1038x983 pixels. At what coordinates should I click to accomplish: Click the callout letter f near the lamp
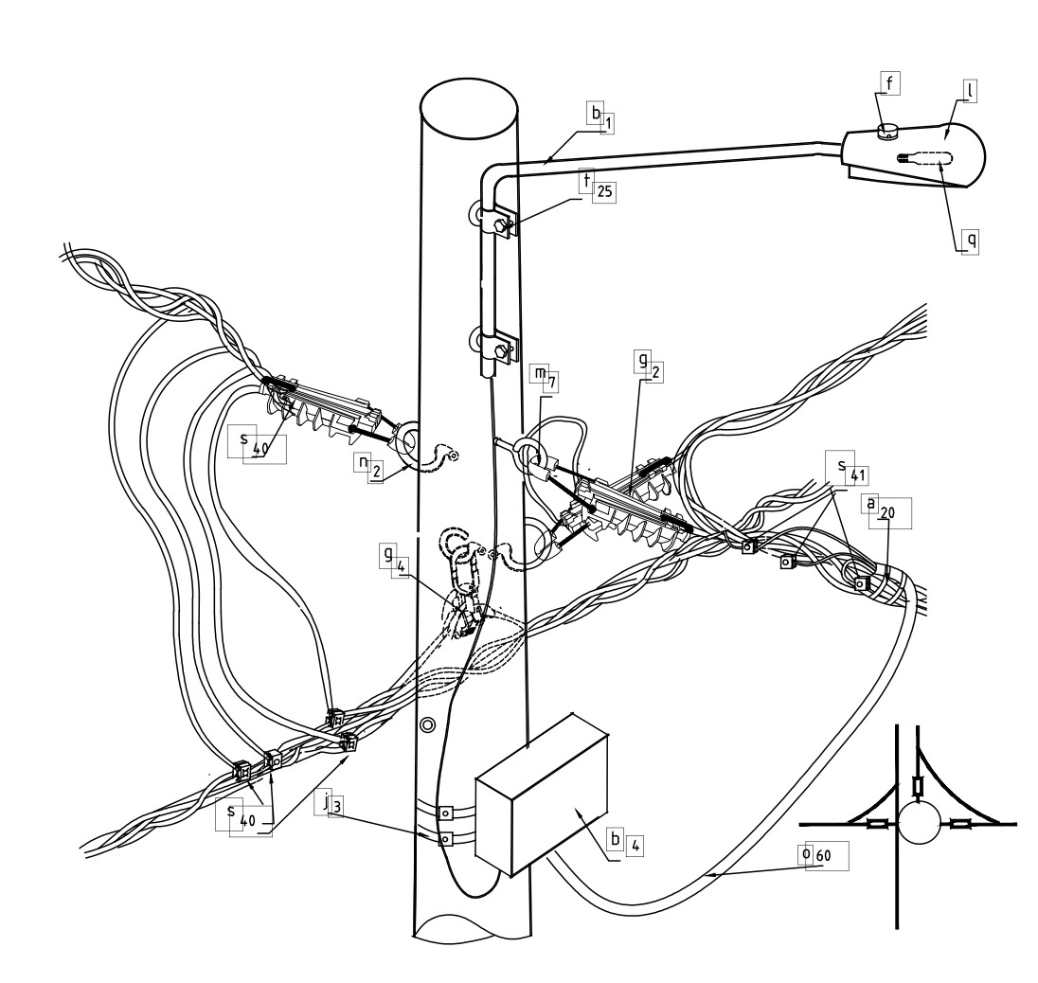(889, 83)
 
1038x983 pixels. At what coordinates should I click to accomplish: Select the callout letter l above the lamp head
(969, 90)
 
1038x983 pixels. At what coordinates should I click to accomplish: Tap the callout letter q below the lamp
(971, 240)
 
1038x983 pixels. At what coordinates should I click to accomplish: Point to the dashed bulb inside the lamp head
(924, 158)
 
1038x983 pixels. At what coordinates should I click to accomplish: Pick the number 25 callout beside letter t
(603, 192)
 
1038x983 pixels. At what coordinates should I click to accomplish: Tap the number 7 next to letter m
(551, 383)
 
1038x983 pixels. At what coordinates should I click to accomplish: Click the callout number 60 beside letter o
(823, 856)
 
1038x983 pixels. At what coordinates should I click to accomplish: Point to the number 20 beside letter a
(887, 513)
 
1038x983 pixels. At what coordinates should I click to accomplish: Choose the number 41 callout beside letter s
(858, 476)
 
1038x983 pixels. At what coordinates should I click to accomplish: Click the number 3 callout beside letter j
(337, 807)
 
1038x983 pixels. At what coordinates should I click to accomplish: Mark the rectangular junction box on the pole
(542, 795)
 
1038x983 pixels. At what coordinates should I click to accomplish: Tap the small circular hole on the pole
(428, 725)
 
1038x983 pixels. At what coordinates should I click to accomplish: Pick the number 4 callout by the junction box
(635, 846)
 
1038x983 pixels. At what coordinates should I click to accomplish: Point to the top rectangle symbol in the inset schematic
(918, 786)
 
